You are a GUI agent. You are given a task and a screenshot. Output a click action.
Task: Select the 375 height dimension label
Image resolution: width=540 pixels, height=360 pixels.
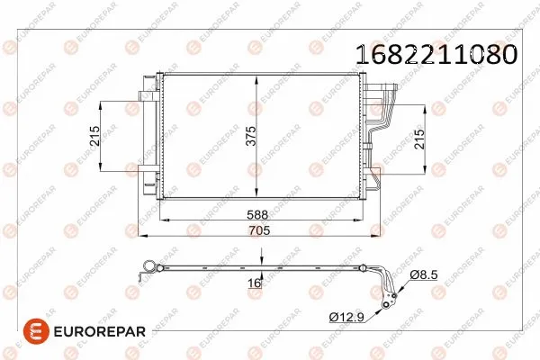click(253, 136)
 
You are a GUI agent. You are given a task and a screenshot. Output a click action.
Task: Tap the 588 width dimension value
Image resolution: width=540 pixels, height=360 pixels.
click(258, 216)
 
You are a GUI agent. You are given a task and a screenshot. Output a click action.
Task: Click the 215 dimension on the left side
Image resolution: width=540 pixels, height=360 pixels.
click(94, 137)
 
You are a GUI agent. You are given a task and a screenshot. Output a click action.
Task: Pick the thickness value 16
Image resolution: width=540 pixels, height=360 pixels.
click(254, 283)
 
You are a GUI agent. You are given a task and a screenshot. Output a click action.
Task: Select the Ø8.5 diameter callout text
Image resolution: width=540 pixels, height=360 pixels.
click(423, 274)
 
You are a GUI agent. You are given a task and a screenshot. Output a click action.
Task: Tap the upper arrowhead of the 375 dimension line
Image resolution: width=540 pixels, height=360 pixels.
click(258, 79)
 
